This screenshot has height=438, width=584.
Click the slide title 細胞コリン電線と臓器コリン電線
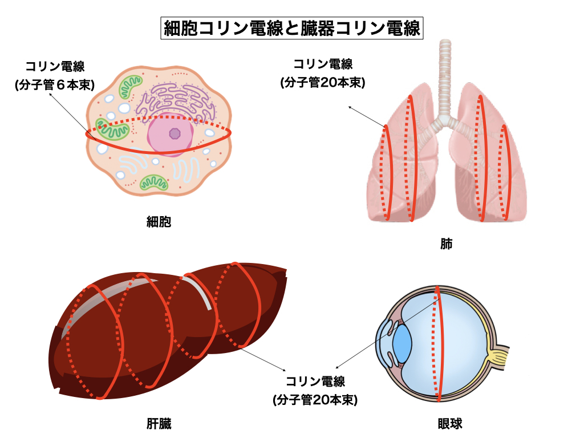coord(292,28)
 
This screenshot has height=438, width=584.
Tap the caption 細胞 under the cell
coord(159,221)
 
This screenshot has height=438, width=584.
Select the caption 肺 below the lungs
coord(446,244)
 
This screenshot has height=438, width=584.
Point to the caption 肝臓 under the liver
coord(159,424)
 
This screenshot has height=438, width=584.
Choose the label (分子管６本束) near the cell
coord(55,84)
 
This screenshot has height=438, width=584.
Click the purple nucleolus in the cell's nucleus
coord(175,134)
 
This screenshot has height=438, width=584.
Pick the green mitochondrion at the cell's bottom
coord(154,182)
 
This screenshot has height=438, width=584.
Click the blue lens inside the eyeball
coord(402,343)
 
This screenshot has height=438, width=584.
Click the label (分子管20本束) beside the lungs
coord(323,82)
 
